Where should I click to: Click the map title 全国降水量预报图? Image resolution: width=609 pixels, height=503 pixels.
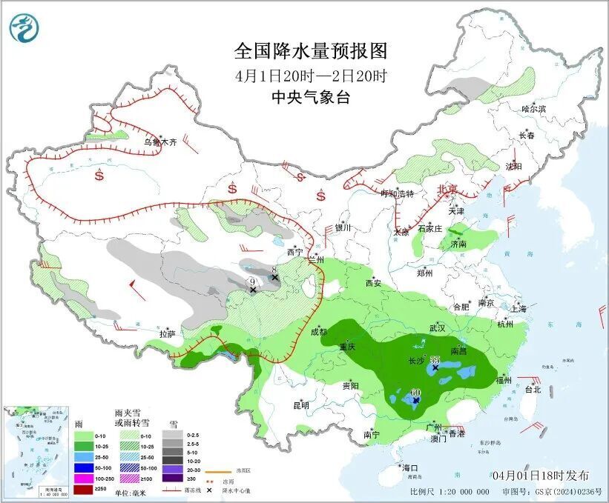pos(311,51)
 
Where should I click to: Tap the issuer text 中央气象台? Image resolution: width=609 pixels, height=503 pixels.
pos(311,97)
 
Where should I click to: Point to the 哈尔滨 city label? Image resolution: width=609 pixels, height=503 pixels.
pos(533,109)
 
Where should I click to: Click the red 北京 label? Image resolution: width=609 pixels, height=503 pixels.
pos(448,189)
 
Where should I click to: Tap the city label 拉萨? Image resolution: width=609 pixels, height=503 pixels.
pos(167,334)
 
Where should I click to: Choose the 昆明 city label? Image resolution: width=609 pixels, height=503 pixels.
pos(300,404)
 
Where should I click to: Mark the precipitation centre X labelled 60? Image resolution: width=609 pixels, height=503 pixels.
pos(416,400)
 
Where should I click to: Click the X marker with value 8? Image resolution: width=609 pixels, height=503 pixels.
pos(274,278)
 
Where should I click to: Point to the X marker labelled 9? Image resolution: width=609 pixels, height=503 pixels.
pos(253,290)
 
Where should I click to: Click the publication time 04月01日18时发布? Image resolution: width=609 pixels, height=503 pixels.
pos(540,475)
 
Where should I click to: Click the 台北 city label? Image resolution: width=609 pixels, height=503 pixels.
pos(533,389)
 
